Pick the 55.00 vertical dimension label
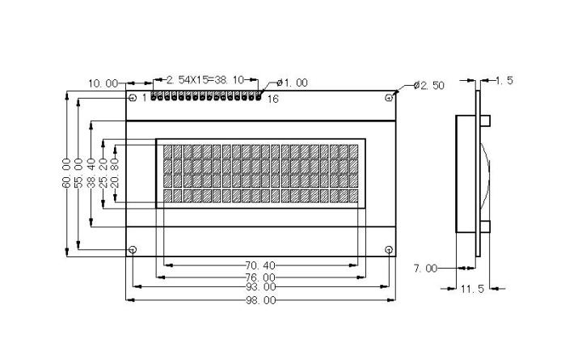point(78,174)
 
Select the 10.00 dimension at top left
point(103,83)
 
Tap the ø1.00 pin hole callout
point(292,83)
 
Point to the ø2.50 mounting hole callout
point(428,85)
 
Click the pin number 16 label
point(272,99)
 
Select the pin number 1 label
point(144,98)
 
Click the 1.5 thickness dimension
point(504,80)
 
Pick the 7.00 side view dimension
point(425,268)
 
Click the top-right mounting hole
point(389,98)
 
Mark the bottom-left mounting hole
point(133,249)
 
